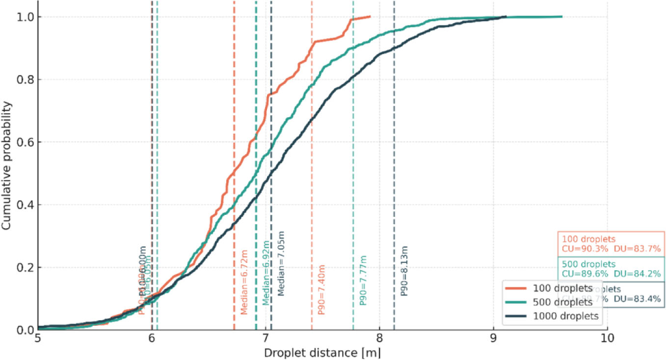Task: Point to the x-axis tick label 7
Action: (266, 339)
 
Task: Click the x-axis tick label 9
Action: (493, 339)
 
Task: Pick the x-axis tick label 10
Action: (607, 339)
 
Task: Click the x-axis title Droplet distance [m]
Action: (322, 353)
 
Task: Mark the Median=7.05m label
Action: (281, 263)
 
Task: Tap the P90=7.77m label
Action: (363, 281)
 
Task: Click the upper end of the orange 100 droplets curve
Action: (370, 17)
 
